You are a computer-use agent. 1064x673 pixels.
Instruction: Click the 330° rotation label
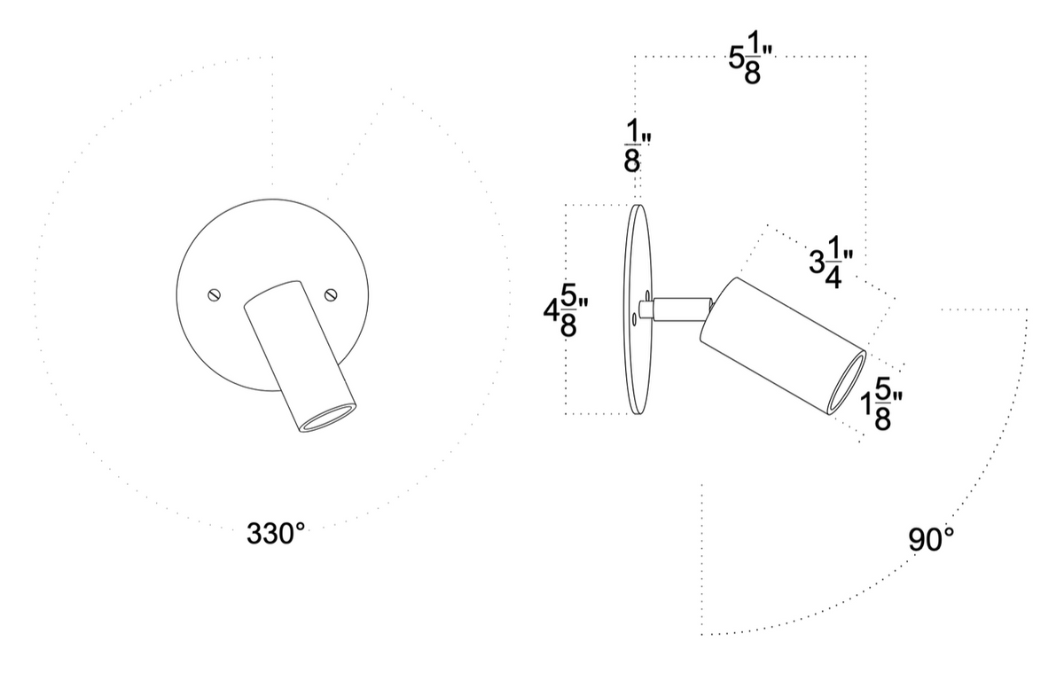(x=275, y=534)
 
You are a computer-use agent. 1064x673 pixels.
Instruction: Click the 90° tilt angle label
(x=931, y=539)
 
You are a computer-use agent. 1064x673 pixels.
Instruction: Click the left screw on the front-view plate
(x=213, y=296)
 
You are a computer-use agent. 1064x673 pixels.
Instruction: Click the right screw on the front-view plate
(x=331, y=294)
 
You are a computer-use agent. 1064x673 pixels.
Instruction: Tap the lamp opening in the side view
(x=848, y=380)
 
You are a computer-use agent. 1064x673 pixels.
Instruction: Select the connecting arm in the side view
(x=681, y=309)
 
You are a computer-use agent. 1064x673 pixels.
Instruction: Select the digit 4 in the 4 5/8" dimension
(x=551, y=312)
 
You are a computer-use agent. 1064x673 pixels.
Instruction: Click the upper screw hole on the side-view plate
(x=648, y=293)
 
